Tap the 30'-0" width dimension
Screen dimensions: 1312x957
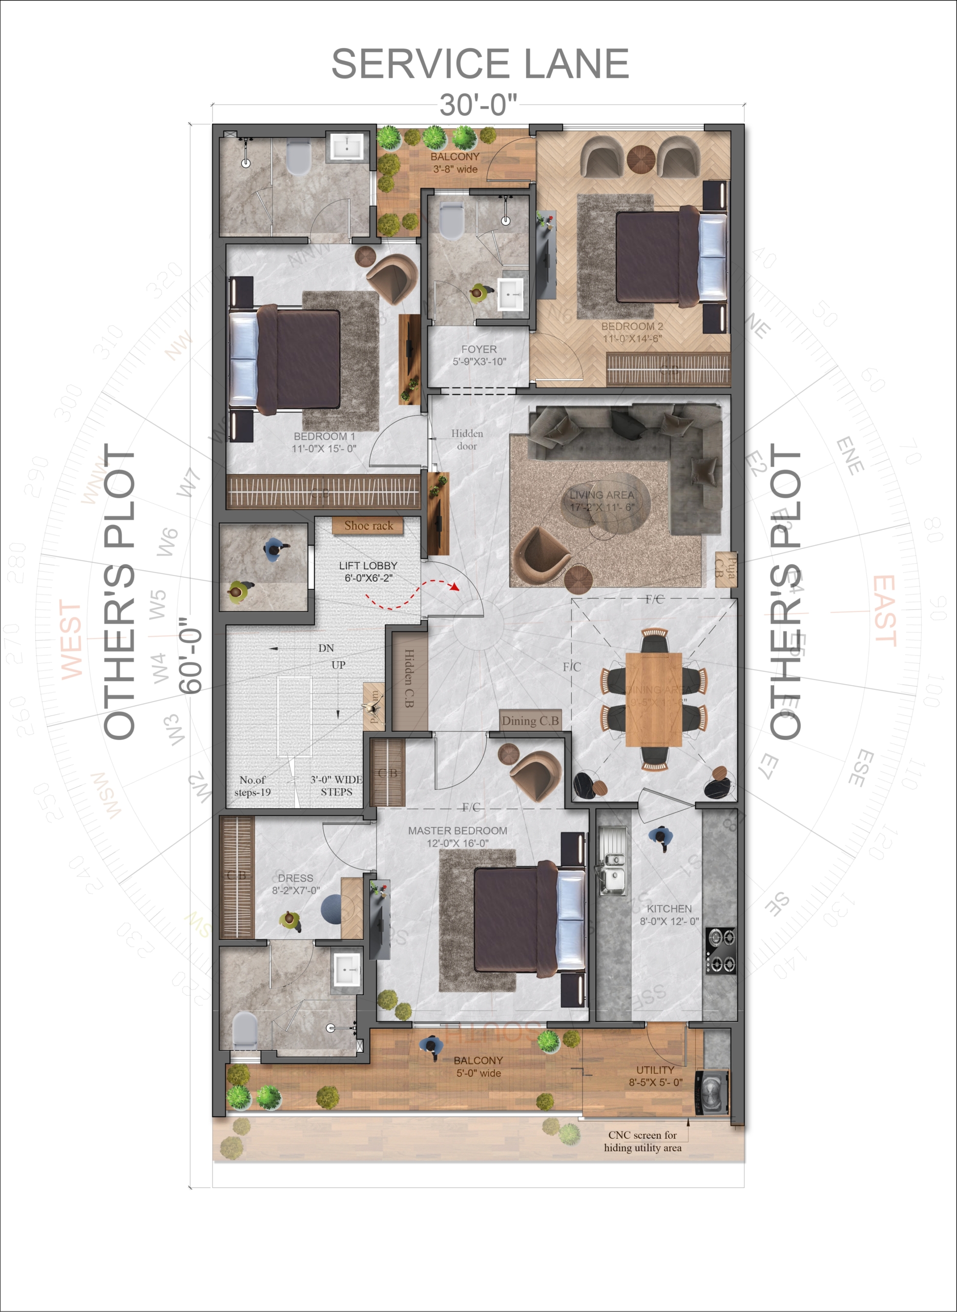coord(478,105)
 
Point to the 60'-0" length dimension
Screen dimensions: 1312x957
coord(191,654)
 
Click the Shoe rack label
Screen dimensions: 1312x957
coord(368,526)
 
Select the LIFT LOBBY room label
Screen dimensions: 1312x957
coord(368,571)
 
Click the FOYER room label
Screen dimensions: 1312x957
coord(479,355)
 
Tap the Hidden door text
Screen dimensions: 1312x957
coord(467,440)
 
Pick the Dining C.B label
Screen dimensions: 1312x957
coord(530,721)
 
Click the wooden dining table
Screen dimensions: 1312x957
coord(653,699)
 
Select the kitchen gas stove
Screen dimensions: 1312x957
coord(721,950)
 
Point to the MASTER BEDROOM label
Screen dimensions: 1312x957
coord(457,837)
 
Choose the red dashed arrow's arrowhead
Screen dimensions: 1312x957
coord(455,587)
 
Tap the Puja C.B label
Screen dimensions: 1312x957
coord(726,568)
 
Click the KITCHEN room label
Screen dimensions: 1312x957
coord(669,915)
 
